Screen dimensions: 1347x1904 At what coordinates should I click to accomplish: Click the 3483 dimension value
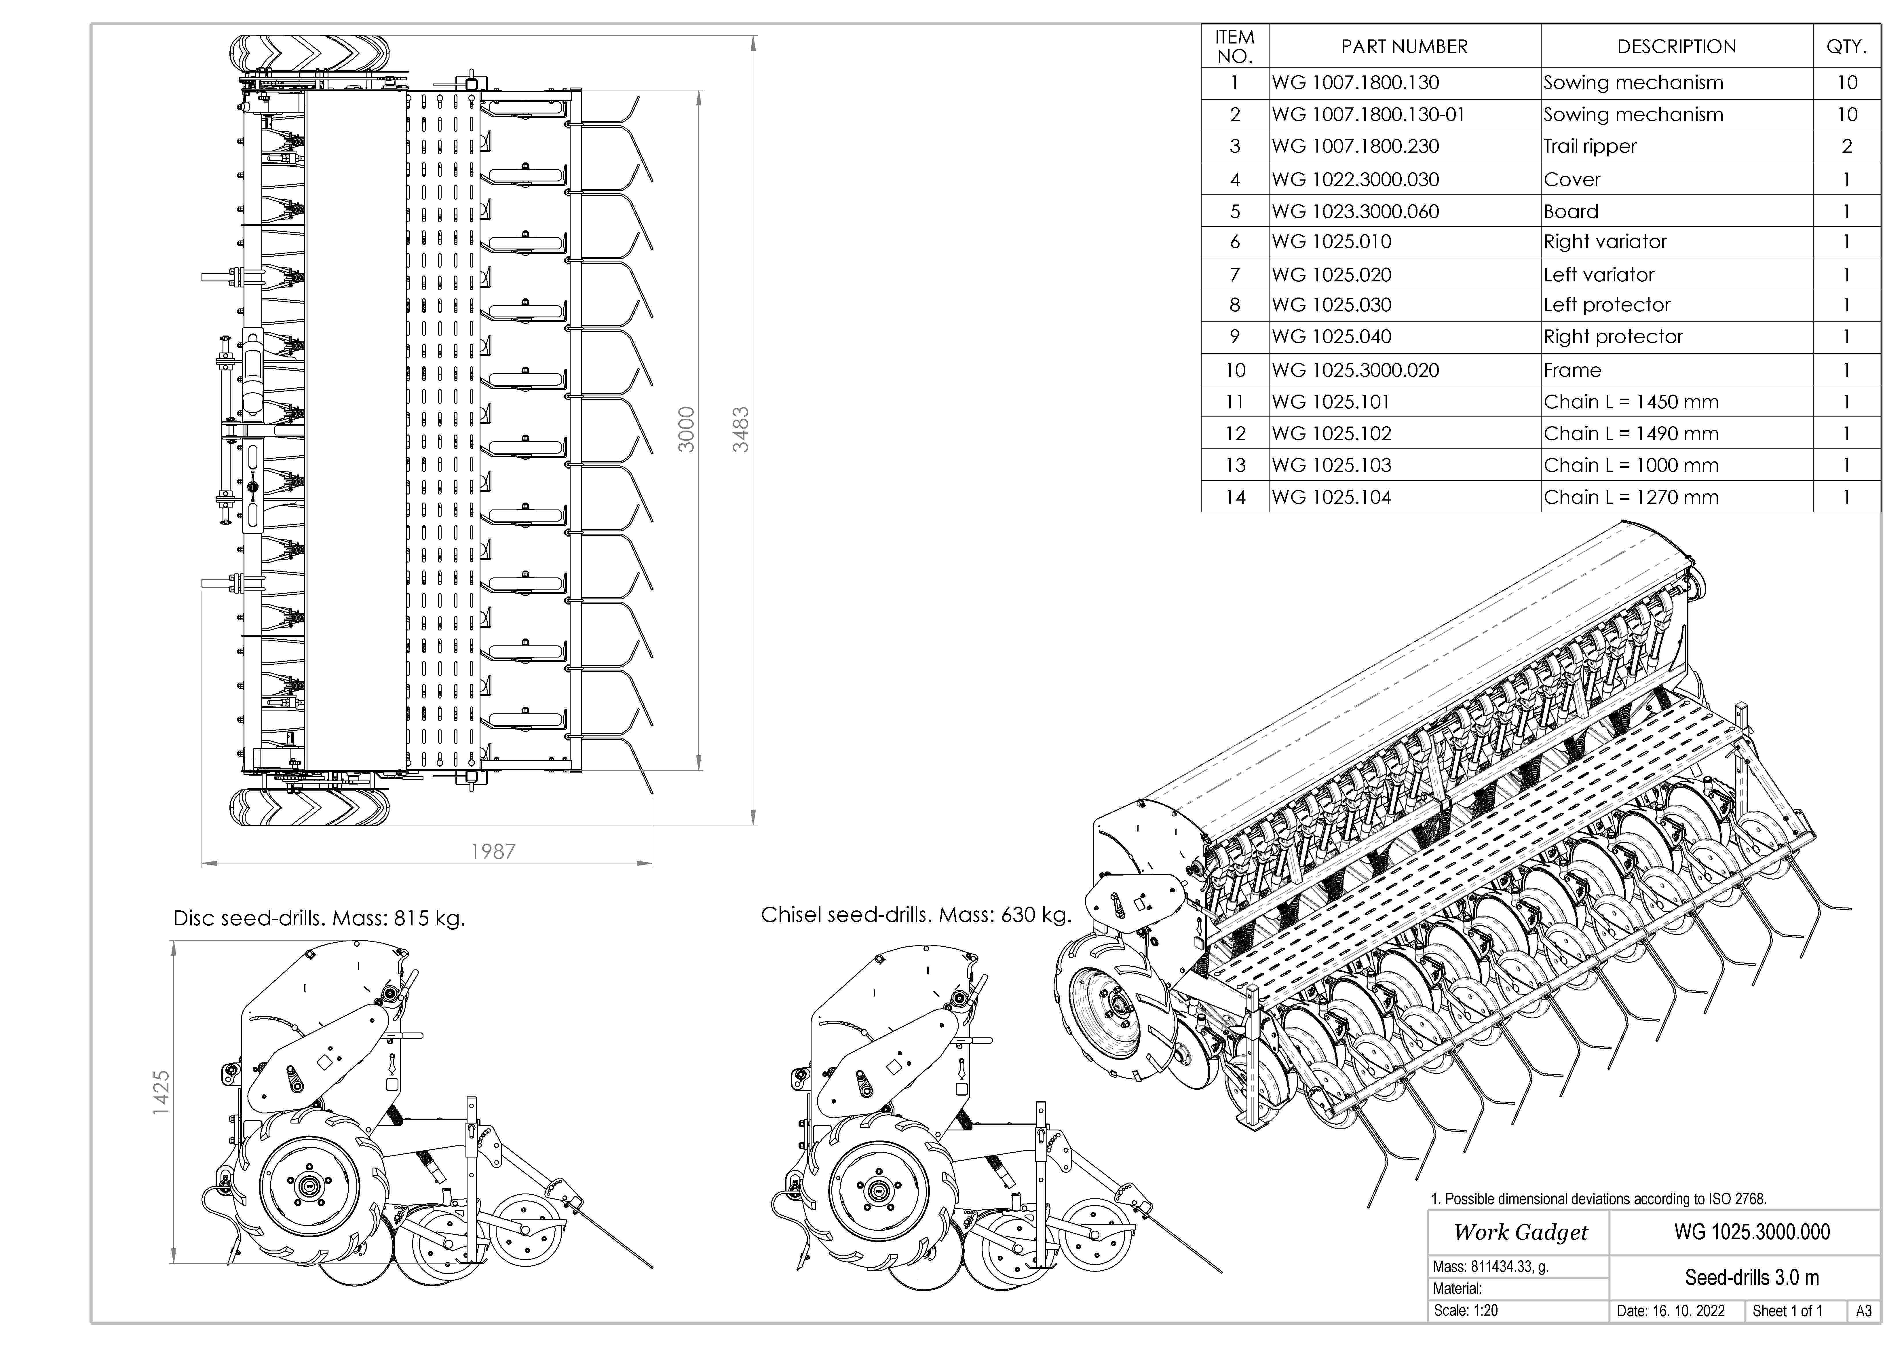[740, 430]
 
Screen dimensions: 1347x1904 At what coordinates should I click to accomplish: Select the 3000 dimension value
[686, 430]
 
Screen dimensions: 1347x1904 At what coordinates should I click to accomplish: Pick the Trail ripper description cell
[1590, 147]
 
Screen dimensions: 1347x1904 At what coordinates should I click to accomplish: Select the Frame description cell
[1572, 370]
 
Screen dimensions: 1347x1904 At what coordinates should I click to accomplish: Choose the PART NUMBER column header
[1404, 46]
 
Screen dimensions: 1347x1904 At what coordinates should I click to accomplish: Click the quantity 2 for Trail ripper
[1847, 147]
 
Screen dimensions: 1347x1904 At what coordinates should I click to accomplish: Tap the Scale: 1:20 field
[1465, 1310]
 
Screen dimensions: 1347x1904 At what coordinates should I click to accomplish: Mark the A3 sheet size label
[1863, 1311]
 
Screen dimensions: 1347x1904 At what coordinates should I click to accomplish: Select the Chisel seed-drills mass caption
[915, 915]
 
